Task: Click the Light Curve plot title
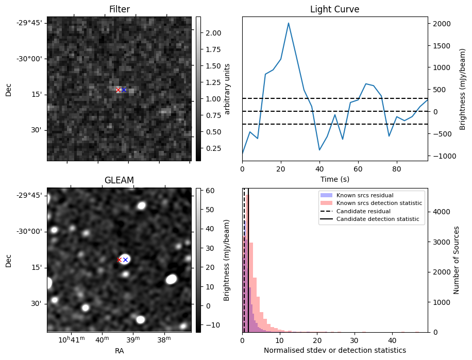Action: point(334,9)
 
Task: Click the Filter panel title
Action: point(119,9)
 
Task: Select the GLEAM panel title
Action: point(119,180)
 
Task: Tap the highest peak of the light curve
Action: point(289,23)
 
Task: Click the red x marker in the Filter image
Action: point(118,90)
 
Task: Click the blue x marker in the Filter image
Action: point(124,90)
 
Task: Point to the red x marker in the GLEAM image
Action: point(119,260)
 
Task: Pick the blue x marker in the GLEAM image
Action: point(125,260)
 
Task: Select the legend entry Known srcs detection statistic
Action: point(379,203)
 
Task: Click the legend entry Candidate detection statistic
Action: point(378,219)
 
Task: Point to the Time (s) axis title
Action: point(334,178)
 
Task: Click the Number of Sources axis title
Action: point(457,260)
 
